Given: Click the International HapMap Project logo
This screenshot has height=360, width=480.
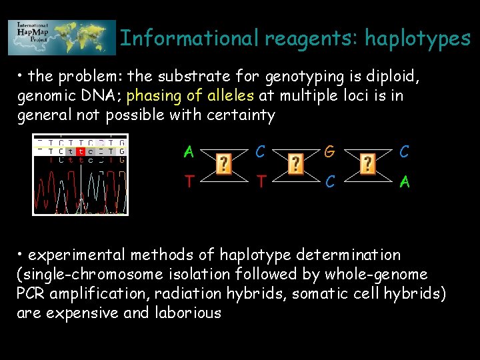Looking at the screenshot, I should tap(61, 37).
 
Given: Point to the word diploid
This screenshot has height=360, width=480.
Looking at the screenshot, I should tap(388, 77).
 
